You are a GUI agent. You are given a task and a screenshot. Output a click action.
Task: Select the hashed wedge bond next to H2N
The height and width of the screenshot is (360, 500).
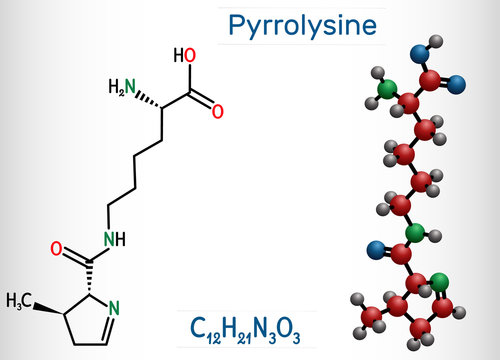coord(149,93)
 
